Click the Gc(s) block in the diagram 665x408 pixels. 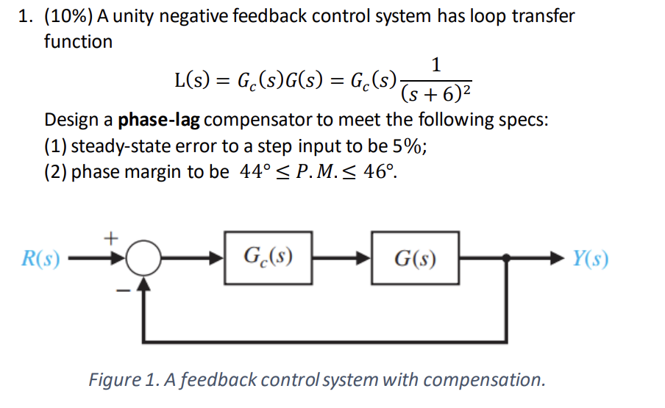pyautogui.click(x=269, y=258)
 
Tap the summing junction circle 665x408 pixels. pyautogui.click(x=145, y=258)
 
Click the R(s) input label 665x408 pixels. pyautogui.click(x=41, y=259)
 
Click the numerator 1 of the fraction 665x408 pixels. pyautogui.click(x=436, y=65)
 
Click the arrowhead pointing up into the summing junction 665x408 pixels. pyautogui.click(x=145, y=281)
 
